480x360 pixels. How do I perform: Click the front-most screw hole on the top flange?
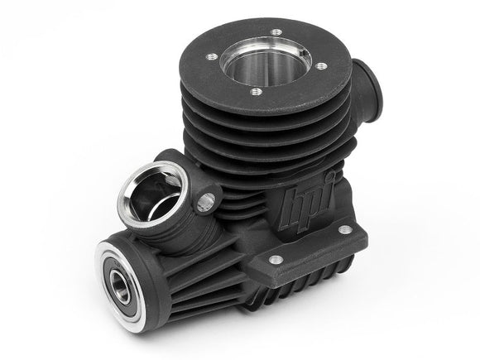pyautogui.click(x=257, y=92)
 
